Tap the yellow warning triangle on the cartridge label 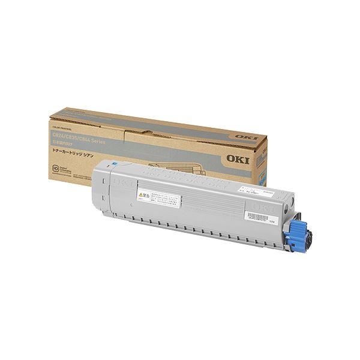click(x=140, y=195)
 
